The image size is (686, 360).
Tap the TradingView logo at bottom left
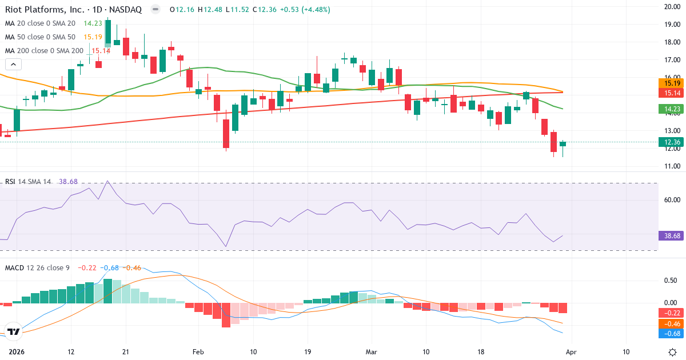point(14,331)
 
